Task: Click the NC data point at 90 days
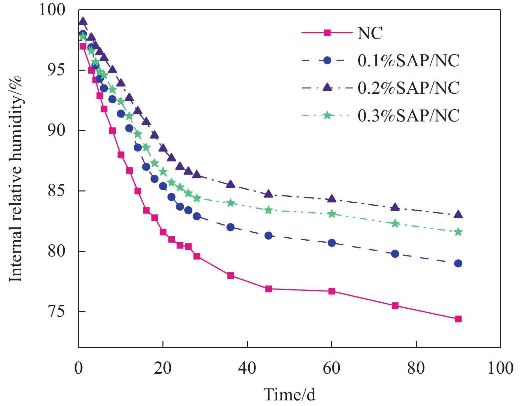pyautogui.click(x=458, y=319)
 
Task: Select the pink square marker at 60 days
pyautogui.click(x=332, y=291)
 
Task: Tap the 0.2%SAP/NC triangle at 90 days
pyautogui.click(x=458, y=215)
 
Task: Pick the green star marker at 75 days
pyautogui.click(x=395, y=223)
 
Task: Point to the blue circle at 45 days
pyautogui.click(x=268, y=235)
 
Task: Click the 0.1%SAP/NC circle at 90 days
pyautogui.click(x=458, y=263)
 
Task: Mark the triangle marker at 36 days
pyautogui.click(x=230, y=184)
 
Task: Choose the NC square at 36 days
pyautogui.click(x=230, y=276)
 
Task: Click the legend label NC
pyautogui.click(x=370, y=33)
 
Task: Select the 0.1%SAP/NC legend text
pyautogui.click(x=408, y=61)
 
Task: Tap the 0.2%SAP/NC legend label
pyautogui.click(x=408, y=88)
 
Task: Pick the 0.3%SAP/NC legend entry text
pyautogui.click(x=408, y=116)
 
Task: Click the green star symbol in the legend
pyautogui.click(x=327, y=115)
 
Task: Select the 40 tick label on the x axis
pyautogui.click(x=247, y=368)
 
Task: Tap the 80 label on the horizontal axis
pyautogui.click(x=416, y=368)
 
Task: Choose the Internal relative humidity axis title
pyautogui.click(x=16, y=178)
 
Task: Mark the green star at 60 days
pyautogui.click(x=332, y=214)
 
